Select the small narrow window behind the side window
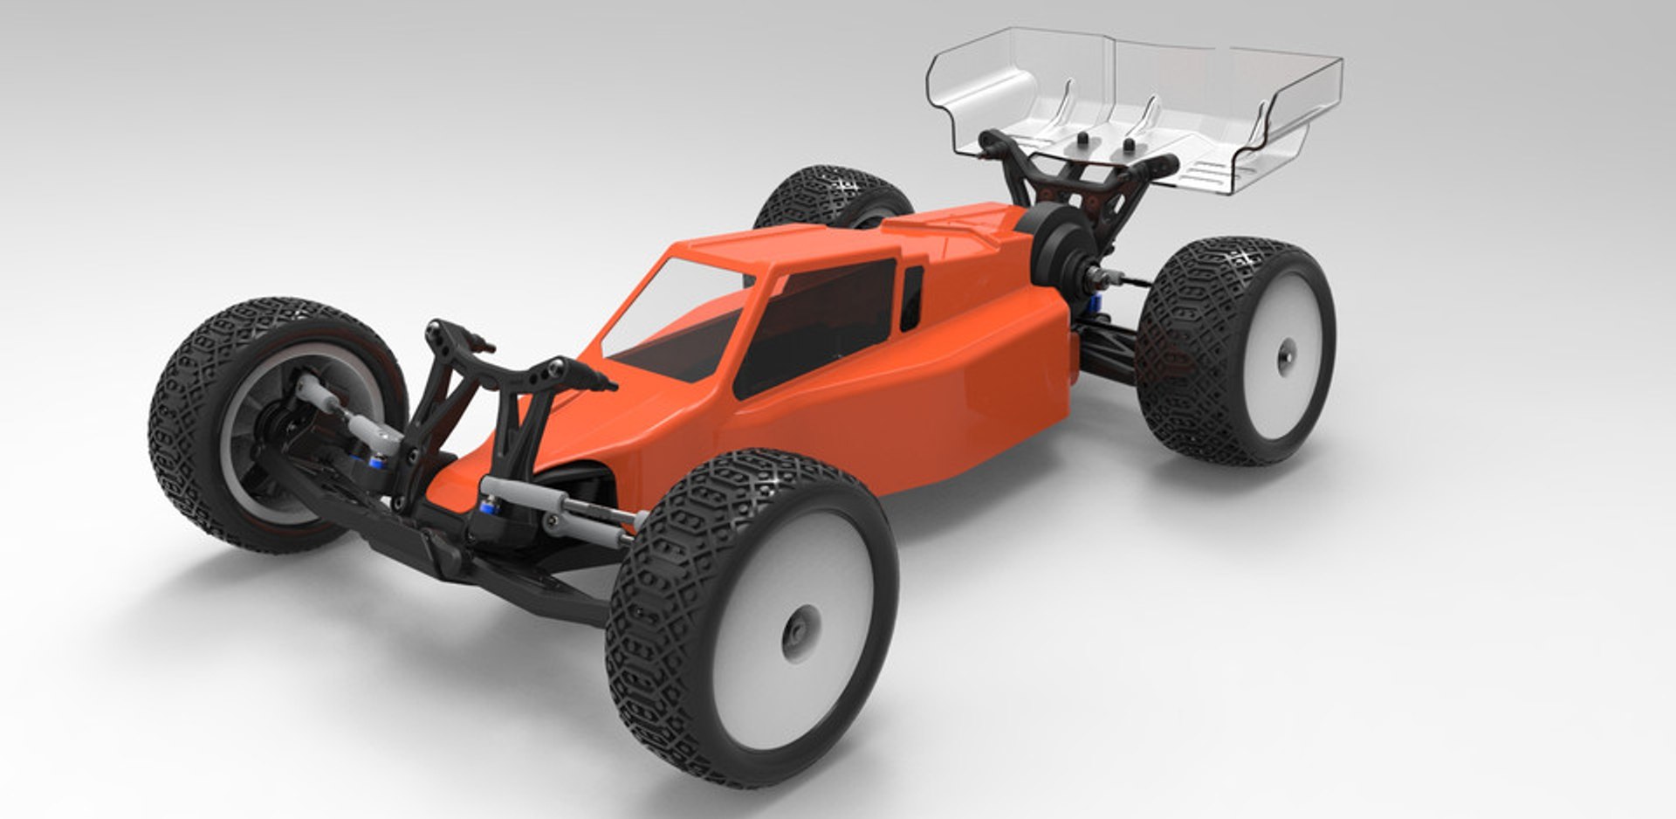pyautogui.click(x=911, y=297)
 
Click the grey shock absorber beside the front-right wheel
pyautogui.click(x=559, y=506)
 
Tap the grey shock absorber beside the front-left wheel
pyautogui.click(x=340, y=410)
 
